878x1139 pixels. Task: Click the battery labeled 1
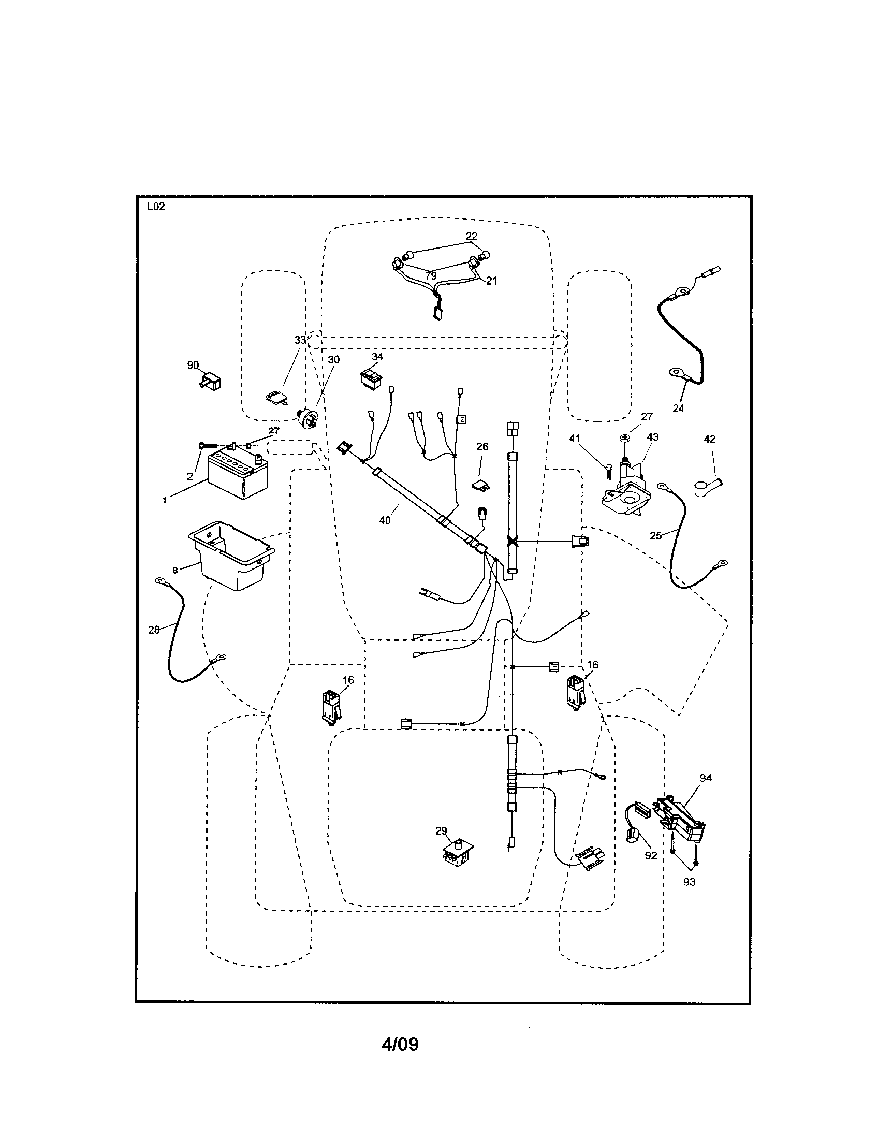click(237, 475)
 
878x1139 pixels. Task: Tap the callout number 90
click(193, 365)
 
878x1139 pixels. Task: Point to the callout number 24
click(678, 408)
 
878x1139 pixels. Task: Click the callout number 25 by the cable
click(656, 535)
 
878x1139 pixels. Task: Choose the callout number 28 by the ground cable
click(154, 630)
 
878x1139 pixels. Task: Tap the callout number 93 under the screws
click(689, 882)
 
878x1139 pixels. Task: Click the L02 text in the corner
click(155, 207)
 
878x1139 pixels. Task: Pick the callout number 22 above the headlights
click(471, 236)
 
